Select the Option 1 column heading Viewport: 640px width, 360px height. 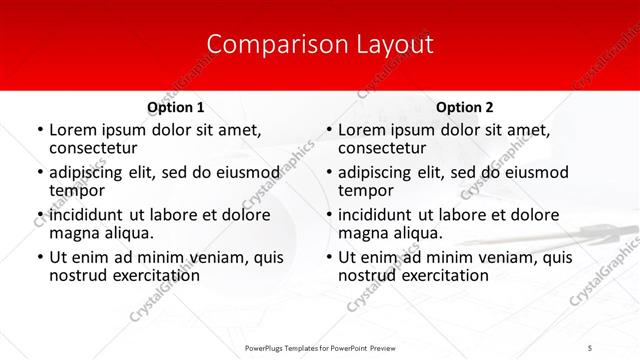pos(176,107)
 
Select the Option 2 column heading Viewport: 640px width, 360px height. pos(465,107)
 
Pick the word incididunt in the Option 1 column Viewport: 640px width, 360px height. pos(88,214)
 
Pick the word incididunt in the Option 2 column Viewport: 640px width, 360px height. pos(377,214)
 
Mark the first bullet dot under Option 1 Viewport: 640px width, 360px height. pos(40,130)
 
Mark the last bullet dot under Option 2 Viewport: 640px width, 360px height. pos(329,258)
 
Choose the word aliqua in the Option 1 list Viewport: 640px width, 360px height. pos(129,233)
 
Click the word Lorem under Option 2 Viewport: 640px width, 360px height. pos(361,129)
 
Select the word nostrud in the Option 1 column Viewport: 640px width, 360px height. pos(77,275)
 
